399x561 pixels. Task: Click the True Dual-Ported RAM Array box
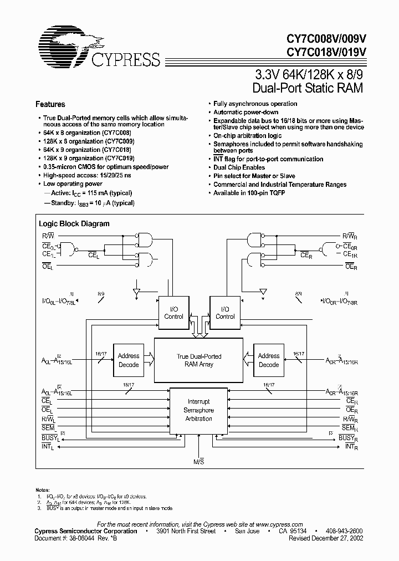[199, 360]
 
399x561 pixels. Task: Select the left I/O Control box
[173, 313]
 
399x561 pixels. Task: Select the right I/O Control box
[224, 313]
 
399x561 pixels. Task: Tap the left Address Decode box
[128, 360]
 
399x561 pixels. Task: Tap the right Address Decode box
[269, 360]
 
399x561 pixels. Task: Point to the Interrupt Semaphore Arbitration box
[199, 410]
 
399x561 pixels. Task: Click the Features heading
[50, 104]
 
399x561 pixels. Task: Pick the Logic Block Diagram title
[74, 224]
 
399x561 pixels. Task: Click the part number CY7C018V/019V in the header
[326, 53]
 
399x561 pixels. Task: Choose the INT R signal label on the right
[349, 446]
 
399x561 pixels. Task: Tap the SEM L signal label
[48, 427]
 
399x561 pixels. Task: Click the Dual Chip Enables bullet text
[239, 167]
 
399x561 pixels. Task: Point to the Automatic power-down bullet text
[247, 112]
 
